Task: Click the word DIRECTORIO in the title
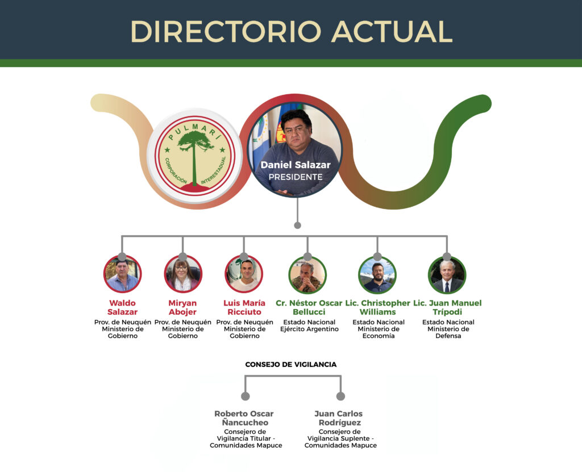coord(226,32)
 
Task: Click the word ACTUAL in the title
coord(392,32)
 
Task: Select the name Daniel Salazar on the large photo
coord(296,165)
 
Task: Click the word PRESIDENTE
coord(296,177)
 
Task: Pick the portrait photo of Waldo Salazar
coord(122,274)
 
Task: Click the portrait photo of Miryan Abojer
coord(183,274)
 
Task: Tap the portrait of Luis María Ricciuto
coord(244,274)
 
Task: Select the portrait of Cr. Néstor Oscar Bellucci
coord(307,275)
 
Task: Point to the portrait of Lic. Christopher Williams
coord(377,275)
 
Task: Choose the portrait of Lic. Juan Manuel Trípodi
coord(447,275)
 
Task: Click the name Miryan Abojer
coord(182,307)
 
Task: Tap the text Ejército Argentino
coord(309,329)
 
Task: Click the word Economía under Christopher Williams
coord(379,336)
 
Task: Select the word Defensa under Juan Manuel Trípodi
coord(448,336)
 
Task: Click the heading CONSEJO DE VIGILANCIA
coord(291,365)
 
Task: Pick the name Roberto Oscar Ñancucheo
coord(244,418)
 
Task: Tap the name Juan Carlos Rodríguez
coord(339,418)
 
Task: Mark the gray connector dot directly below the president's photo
coord(297,225)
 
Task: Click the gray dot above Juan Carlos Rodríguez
coord(340,396)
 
